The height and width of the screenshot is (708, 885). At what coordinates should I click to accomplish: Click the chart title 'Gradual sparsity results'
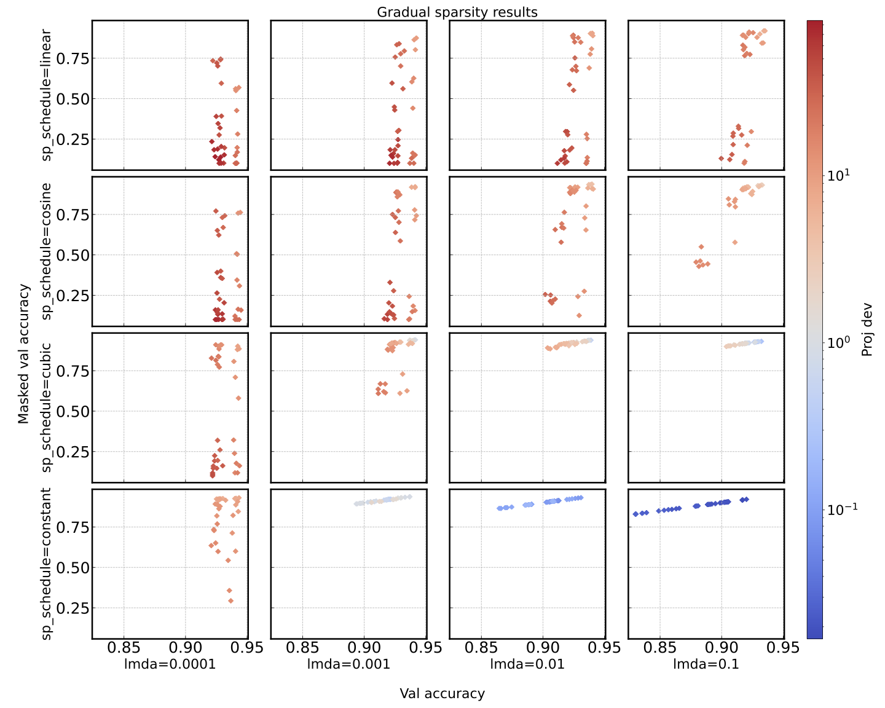(x=457, y=12)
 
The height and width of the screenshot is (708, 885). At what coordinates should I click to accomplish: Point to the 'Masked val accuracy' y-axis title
(x=23, y=353)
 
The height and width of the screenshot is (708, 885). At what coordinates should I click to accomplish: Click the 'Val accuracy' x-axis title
(x=442, y=693)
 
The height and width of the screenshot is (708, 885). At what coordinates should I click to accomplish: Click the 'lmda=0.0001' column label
(x=170, y=664)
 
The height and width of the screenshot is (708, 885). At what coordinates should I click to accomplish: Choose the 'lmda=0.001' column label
(x=348, y=664)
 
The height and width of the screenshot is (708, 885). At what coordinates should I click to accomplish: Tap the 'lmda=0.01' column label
(x=527, y=664)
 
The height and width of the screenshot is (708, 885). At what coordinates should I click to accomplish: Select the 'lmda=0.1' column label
(x=706, y=664)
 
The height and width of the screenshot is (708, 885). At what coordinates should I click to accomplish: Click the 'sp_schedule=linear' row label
(x=47, y=95)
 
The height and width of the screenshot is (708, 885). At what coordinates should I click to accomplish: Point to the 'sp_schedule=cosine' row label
(x=47, y=251)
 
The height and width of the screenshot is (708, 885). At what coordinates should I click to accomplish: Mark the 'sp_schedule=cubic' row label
(x=47, y=407)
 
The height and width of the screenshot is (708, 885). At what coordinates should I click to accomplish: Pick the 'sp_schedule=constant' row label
(x=47, y=563)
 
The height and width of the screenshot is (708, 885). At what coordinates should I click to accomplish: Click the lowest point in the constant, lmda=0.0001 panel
(x=230, y=600)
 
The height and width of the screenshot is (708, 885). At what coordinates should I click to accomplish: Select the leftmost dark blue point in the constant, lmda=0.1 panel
(x=635, y=514)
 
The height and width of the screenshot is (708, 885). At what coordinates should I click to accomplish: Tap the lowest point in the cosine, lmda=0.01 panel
(x=579, y=315)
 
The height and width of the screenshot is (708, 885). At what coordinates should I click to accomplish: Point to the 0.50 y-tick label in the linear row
(x=72, y=99)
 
